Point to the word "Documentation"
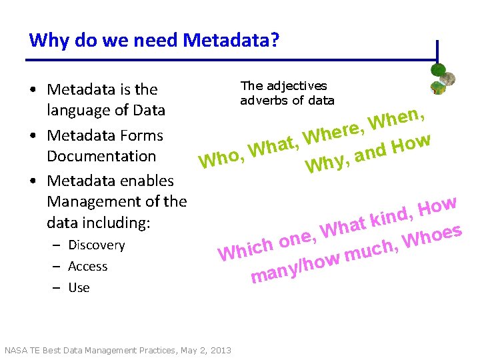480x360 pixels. click(101, 156)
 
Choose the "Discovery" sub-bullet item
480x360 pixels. click(96, 245)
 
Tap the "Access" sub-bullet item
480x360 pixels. click(87, 267)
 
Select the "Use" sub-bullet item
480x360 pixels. click(79, 288)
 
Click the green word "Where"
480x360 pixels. click(331, 131)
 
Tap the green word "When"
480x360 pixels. click(399, 119)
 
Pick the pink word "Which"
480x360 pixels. click(246, 250)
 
